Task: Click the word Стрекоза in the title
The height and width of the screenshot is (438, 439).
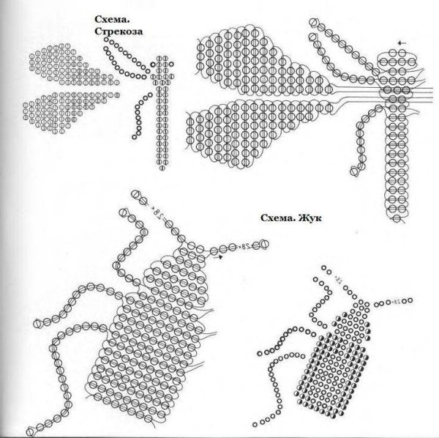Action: coord(119,31)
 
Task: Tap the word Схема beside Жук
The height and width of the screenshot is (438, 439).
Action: coord(278,218)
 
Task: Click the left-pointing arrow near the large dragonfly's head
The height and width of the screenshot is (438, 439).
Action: coord(402,43)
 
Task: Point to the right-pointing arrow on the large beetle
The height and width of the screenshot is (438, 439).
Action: coord(219,256)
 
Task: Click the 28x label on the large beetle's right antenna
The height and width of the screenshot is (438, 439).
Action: coord(244,247)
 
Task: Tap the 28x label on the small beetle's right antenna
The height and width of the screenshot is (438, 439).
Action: coord(397,302)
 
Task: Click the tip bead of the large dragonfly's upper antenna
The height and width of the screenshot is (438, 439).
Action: coord(314,22)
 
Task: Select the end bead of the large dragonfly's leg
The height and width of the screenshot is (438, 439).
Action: coord(354,171)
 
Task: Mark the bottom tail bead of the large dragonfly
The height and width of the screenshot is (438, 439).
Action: coord(397,218)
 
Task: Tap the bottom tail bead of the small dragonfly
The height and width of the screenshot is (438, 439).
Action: coord(162,168)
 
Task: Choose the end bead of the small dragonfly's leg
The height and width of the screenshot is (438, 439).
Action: coord(135,137)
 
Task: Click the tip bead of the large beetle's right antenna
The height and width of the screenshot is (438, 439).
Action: coord(263,245)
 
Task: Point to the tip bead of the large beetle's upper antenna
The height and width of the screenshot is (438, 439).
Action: coord(135,194)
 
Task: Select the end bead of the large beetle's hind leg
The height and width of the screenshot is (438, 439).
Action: coord(30,431)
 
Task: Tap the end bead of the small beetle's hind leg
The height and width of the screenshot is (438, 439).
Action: coord(255,425)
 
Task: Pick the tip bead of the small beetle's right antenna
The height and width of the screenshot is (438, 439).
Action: coord(410,300)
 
